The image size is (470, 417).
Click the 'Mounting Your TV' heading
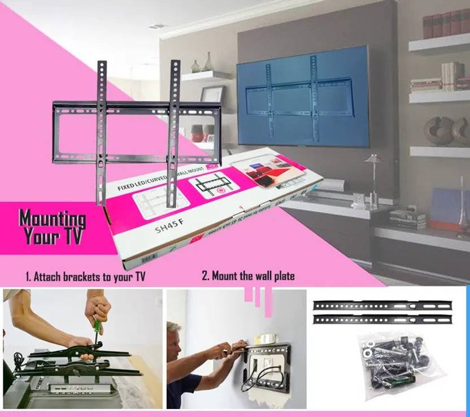[52, 227]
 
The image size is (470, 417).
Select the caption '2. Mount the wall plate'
[249, 276]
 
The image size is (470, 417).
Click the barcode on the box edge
[149, 258]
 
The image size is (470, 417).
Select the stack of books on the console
[407, 219]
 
